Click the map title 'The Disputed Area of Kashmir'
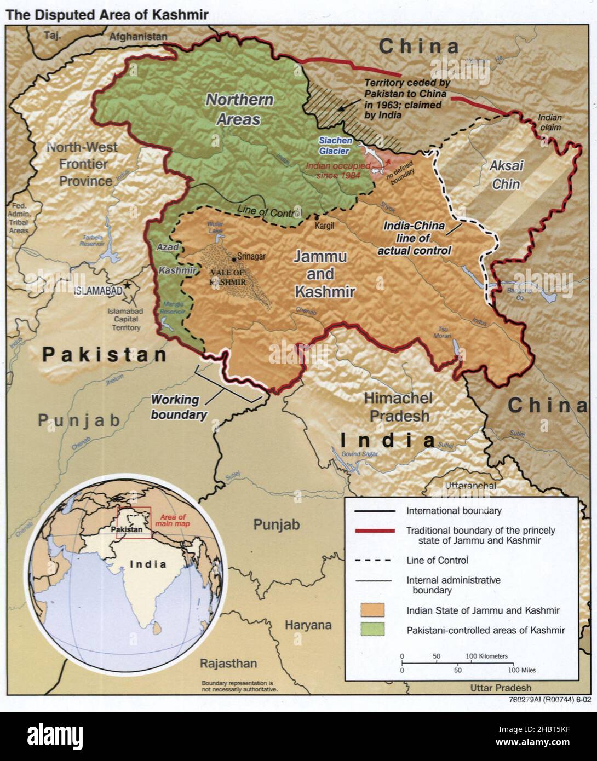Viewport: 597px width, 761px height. point(107,15)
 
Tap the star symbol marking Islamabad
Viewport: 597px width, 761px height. point(128,285)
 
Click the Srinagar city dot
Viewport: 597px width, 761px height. point(234,258)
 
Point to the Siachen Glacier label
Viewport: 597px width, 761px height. point(335,145)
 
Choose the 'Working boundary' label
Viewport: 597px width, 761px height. point(179,407)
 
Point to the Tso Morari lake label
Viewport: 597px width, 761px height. point(443,332)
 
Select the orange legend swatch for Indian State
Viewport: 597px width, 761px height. point(372,610)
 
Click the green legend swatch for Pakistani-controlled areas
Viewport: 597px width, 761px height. point(372,630)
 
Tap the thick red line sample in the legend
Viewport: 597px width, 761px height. point(375,531)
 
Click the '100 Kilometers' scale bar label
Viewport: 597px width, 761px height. point(486,655)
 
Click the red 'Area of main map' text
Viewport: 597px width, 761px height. point(173,520)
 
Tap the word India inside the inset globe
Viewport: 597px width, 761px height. point(148,564)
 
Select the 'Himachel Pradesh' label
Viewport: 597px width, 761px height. point(399,407)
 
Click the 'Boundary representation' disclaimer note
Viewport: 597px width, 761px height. point(239,687)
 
